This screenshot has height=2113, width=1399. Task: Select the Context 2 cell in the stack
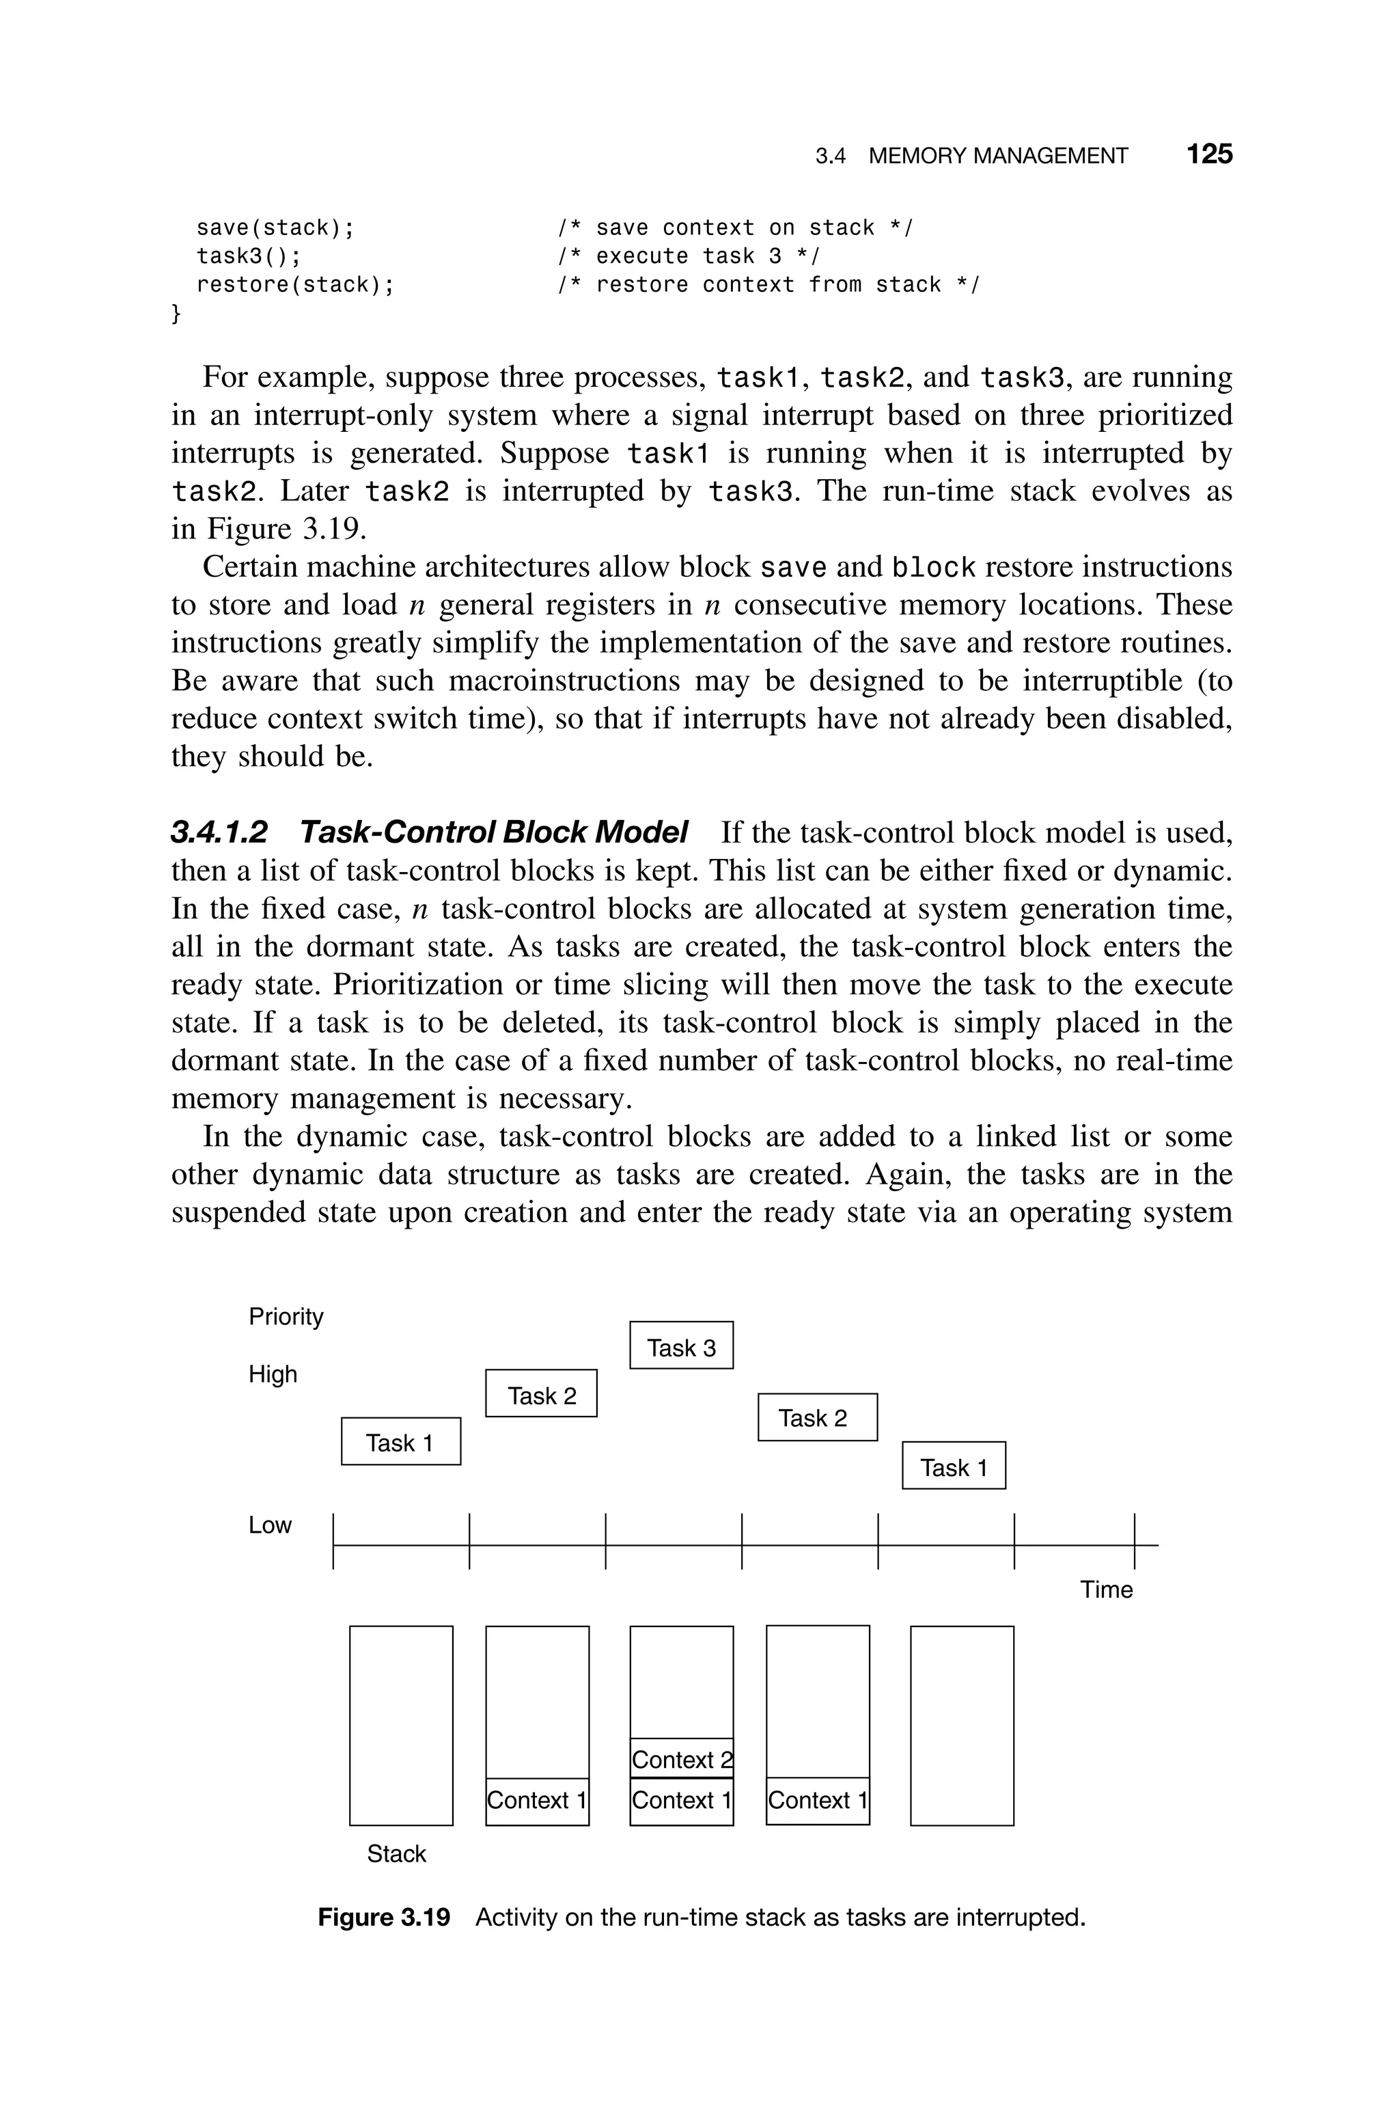coord(681,1759)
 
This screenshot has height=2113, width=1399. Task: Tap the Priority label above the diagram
coord(286,1316)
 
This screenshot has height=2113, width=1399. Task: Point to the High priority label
coord(272,1374)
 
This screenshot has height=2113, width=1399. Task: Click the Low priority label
coord(269,1525)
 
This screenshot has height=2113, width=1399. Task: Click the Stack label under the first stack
coord(396,1853)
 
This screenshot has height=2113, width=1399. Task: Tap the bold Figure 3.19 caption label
coord(384,1917)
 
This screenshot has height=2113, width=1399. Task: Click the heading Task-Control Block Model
coord(493,832)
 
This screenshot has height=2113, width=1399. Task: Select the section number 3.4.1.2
coord(219,832)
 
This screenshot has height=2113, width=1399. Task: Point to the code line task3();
coord(249,256)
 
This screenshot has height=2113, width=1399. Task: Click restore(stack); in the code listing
coord(294,285)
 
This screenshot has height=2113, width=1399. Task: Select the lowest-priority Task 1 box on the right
coord(953,1468)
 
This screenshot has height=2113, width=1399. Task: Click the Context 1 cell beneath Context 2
coord(681,1800)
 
